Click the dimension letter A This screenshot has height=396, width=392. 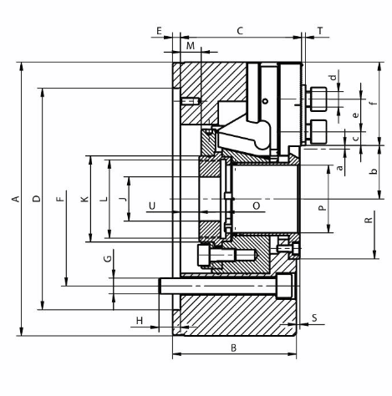coord(16,199)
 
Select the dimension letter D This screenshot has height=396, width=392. coord(37,199)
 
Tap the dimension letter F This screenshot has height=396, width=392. coord(60,199)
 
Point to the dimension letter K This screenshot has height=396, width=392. coord(84,199)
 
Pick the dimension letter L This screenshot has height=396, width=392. coord(104,199)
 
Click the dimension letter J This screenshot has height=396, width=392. coord(123,199)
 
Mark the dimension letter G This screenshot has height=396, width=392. coord(108,259)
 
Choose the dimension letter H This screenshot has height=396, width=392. coord(140,321)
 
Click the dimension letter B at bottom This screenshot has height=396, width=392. coord(234,348)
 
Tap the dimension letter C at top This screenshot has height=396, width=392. coord(240,31)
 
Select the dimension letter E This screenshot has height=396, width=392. coord(159,31)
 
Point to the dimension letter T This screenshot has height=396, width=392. coord(320,31)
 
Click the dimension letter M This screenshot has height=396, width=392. coord(191,46)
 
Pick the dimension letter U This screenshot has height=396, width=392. coord(152,206)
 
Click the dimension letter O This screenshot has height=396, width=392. coord(257,206)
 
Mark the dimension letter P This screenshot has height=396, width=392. coord(322,208)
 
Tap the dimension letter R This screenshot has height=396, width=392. coord(369,220)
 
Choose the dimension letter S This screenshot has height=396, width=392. coord(314,317)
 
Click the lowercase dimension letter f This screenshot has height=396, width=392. coord(374,103)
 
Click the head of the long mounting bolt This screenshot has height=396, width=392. coord(284,286)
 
